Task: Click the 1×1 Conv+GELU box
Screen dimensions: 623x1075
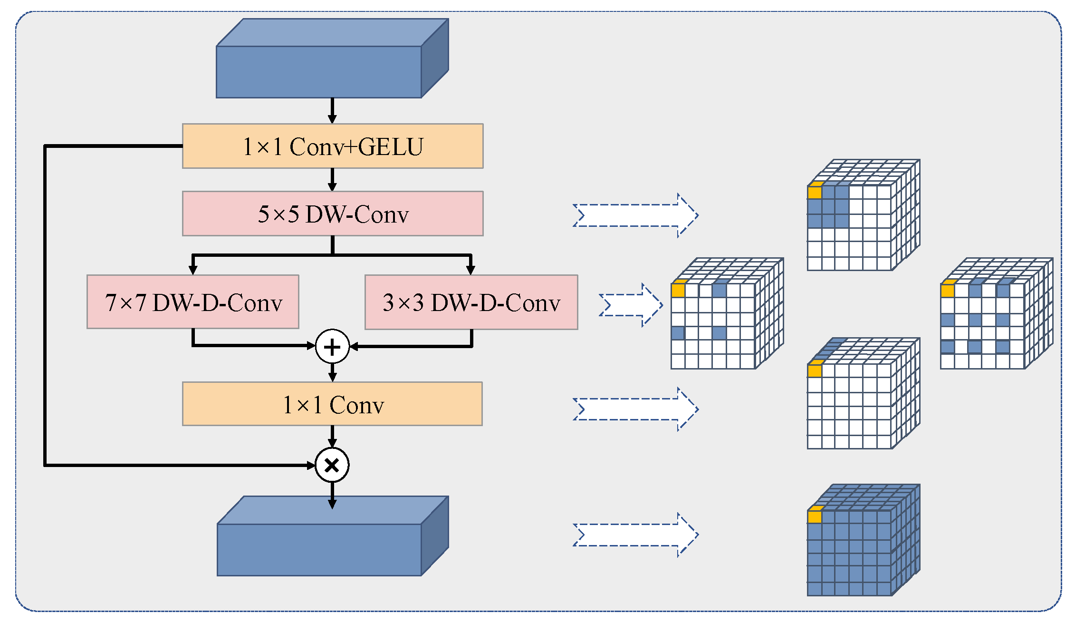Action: pyautogui.click(x=333, y=146)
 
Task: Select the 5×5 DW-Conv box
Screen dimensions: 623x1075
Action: pyautogui.click(x=333, y=214)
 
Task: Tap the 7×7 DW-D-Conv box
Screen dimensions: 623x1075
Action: pyautogui.click(x=193, y=302)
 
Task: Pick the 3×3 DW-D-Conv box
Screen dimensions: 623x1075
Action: pyautogui.click(x=471, y=302)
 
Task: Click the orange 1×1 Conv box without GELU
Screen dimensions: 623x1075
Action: pyautogui.click(x=332, y=404)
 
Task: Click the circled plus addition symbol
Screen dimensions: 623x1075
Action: pyautogui.click(x=332, y=347)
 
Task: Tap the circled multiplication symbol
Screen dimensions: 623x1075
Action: pyautogui.click(x=332, y=465)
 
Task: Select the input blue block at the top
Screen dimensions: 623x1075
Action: pyautogui.click(x=319, y=71)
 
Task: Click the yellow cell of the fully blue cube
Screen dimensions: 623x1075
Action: pyautogui.click(x=815, y=516)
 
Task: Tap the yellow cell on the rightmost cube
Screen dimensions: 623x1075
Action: pyautogui.click(x=948, y=291)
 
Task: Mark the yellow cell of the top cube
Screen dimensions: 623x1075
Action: pyautogui.click(x=815, y=192)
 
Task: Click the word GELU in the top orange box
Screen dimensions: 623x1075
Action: pyautogui.click(x=391, y=146)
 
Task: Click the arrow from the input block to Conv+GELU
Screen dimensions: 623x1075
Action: pyautogui.click(x=332, y=110)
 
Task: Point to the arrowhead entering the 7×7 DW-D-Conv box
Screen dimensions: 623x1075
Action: pyautogui.click(x=193, y=270)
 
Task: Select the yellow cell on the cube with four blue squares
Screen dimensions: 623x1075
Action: pyautogui.click(x=678, y=291)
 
